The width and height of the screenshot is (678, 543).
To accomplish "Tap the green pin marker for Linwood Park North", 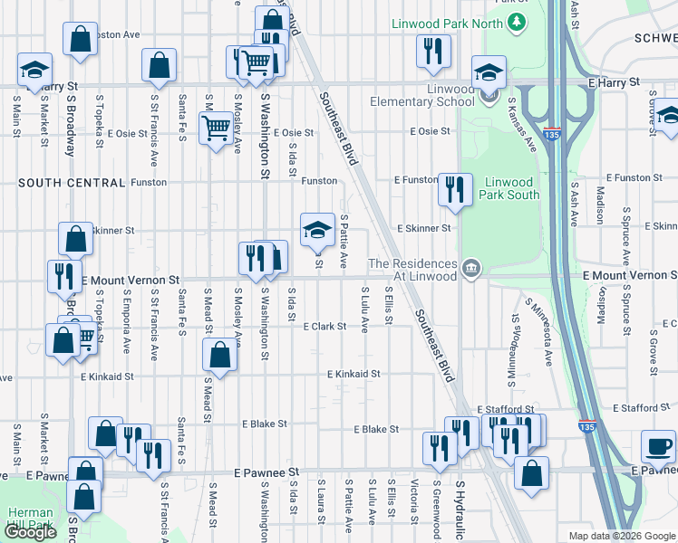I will [517, 21].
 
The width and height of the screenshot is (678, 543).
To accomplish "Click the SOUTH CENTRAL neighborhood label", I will [71, 183].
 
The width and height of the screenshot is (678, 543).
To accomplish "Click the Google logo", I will [30, 532].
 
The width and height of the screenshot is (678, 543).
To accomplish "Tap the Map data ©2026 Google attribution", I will [621, 536].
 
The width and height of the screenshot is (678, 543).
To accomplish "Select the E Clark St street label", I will [324, 326].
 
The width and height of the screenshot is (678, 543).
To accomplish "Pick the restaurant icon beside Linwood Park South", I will [454, 188].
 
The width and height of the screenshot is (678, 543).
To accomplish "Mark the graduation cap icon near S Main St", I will [34, 69].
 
